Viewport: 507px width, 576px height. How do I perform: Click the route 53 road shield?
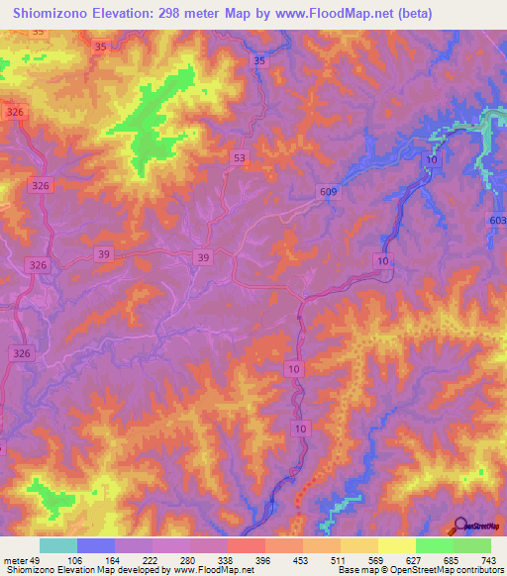point(238,157)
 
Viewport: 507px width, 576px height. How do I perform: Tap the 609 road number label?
point(329,191)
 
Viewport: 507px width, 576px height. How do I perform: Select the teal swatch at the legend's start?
point(58,545)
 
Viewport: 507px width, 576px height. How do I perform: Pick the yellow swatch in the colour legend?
point(397,545)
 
